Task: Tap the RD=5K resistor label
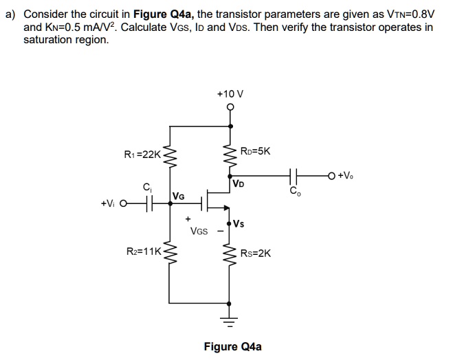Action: (x=256, y=151)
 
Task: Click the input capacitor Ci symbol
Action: (x=146, y=203)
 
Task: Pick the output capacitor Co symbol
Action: (x=295, y=177)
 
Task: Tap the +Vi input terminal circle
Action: (x=123, y=203)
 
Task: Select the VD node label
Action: (x=238, y=184)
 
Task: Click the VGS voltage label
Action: (x=198, y=232)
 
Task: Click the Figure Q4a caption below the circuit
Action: (x=232, y=346)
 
